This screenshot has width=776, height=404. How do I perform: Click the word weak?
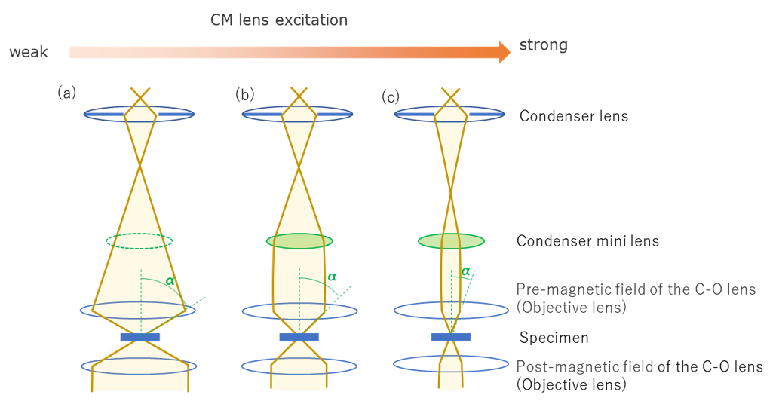tap(29, 52)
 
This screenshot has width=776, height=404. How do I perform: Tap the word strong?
tap(543, 45)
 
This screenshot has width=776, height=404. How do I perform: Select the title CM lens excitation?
tap(279, 20)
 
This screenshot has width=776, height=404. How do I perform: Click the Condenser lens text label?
tap(574, 116)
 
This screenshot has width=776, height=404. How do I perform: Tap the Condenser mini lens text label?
tap(587, 241)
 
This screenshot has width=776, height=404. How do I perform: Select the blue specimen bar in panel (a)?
tap(140, 337)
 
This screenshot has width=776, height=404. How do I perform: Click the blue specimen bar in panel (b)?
tap(299, 337)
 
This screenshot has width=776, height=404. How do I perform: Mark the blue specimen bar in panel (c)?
tap(451, 337)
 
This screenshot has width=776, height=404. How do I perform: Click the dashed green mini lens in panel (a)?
tap(140, 241)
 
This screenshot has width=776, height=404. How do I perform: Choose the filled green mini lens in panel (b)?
tap(299, 241)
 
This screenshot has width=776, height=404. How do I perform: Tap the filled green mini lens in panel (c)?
tap(451, 241)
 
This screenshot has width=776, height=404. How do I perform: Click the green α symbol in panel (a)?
tap(170, 280)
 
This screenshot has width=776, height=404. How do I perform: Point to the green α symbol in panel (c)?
tap(465, 271)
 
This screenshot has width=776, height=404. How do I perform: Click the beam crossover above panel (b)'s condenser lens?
tap(300, 95)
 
